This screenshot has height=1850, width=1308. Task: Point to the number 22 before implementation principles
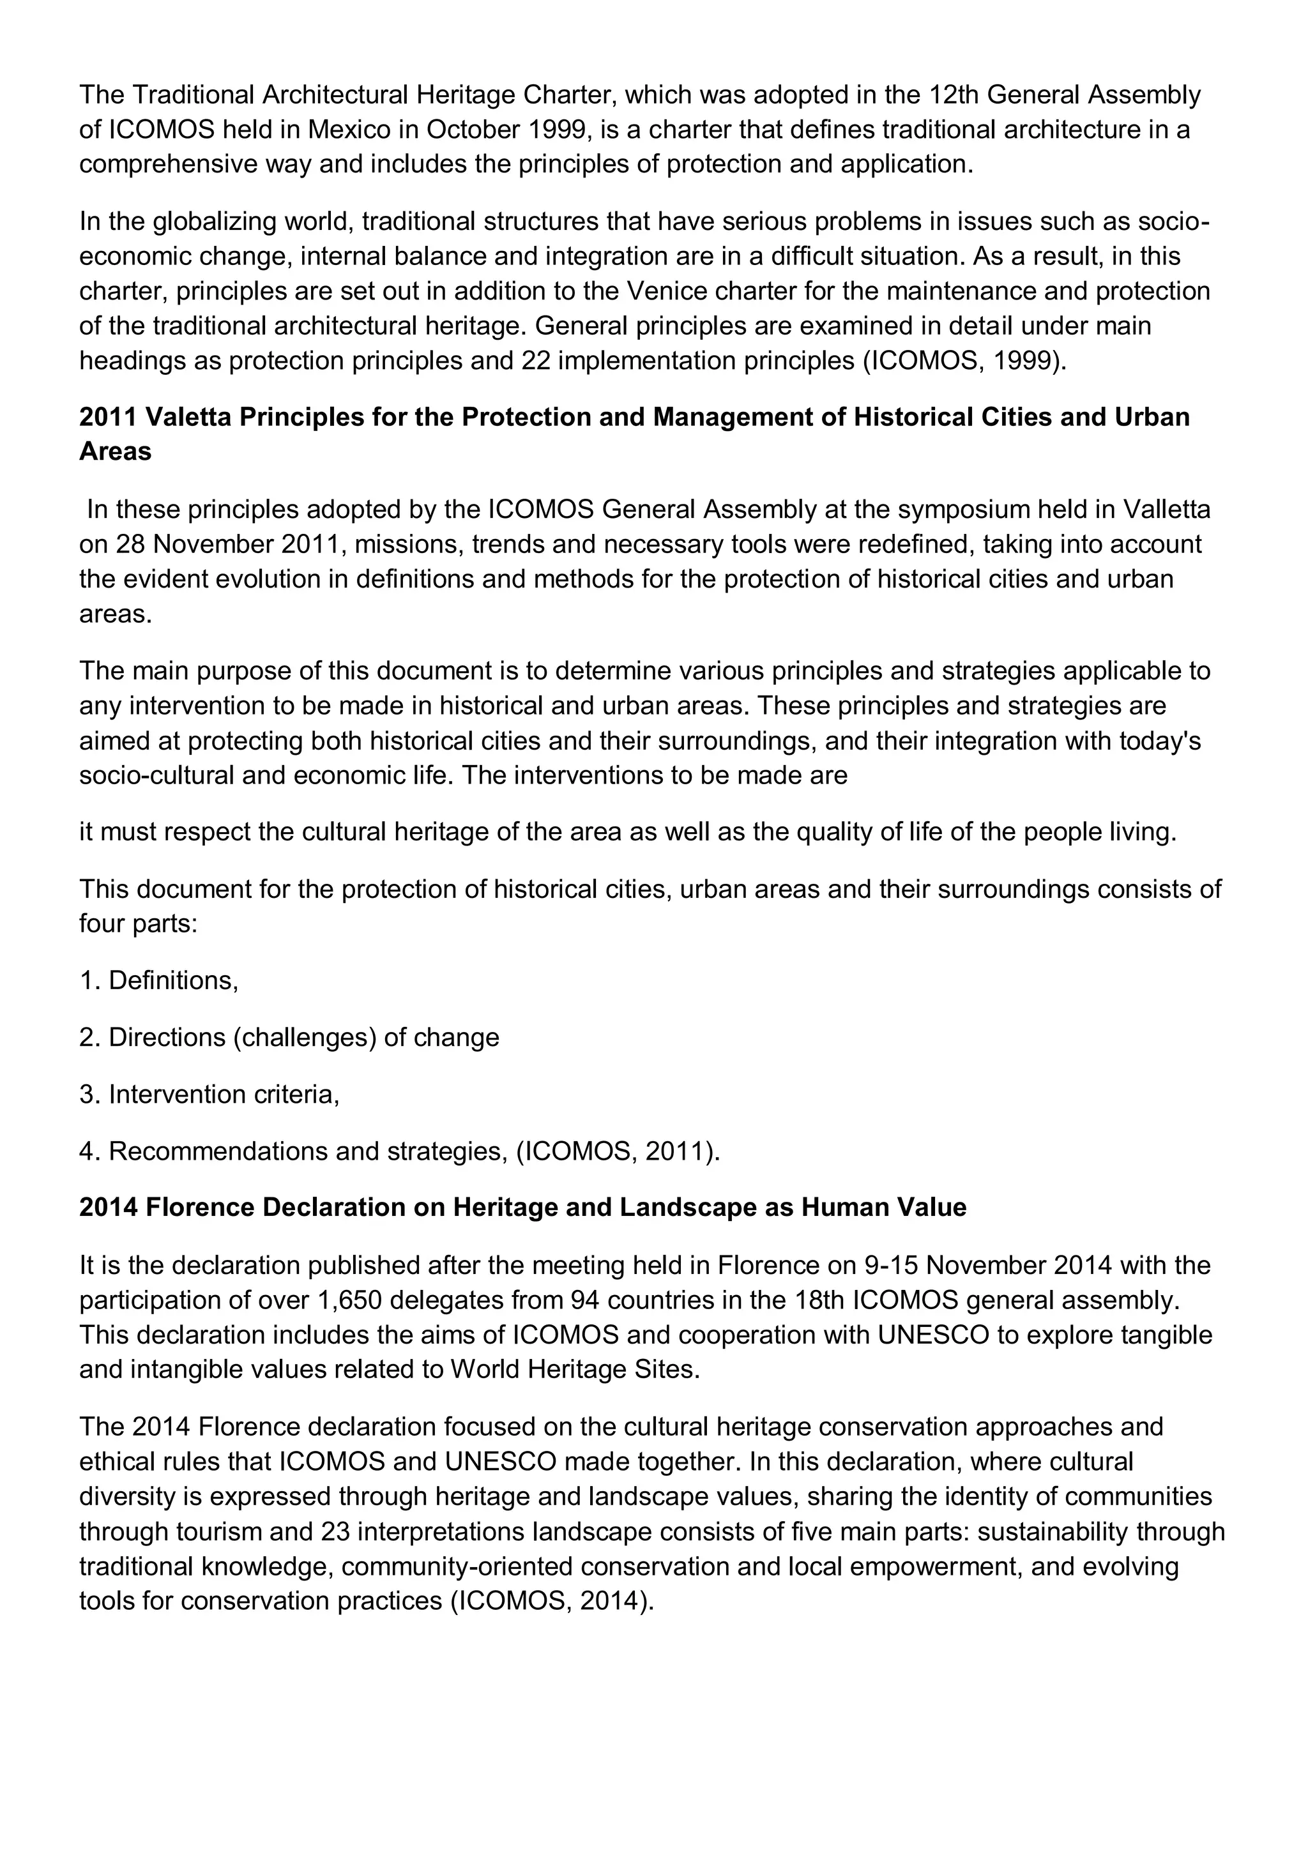(535, 360)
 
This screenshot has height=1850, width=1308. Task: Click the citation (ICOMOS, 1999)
(964, 360)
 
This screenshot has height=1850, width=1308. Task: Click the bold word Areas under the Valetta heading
(115, 452)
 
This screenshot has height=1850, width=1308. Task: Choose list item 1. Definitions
(159, 981)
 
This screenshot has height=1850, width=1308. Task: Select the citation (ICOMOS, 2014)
(551, 1601)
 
